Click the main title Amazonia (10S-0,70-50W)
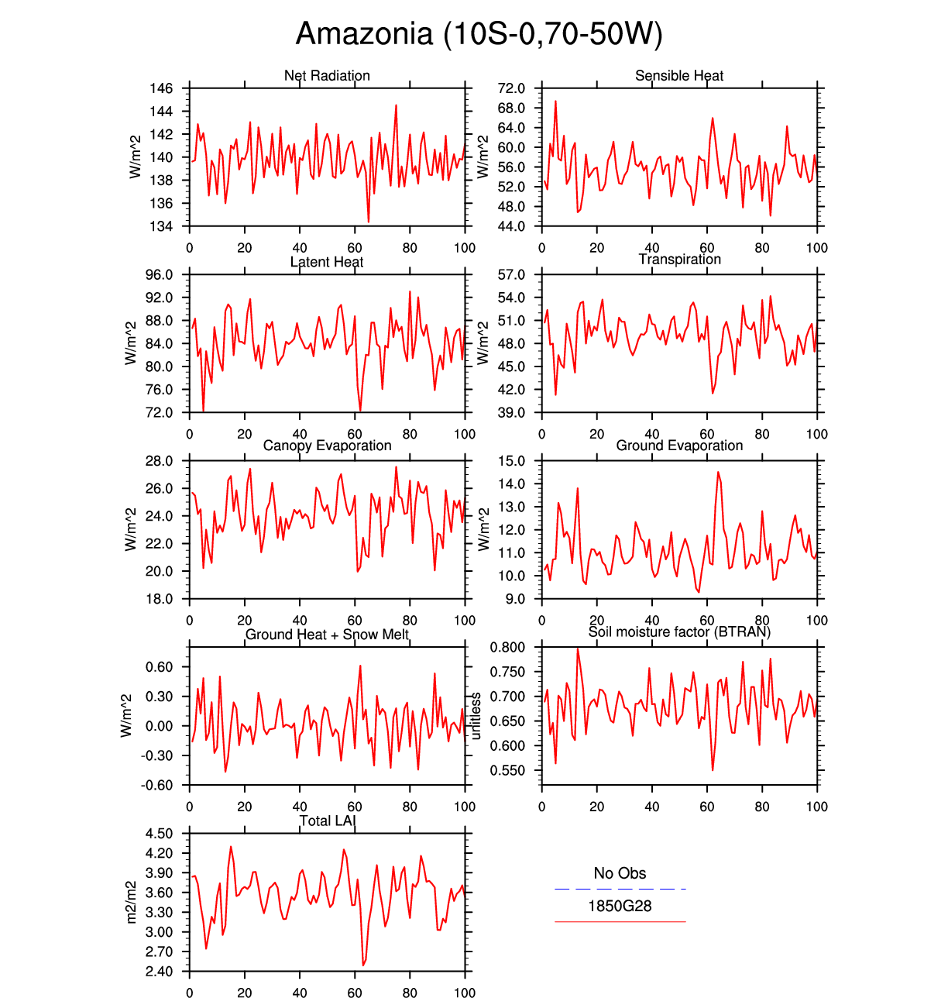479,34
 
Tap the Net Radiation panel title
327,76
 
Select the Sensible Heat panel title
679,76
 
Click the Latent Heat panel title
327,262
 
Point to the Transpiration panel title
679,260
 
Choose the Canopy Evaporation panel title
327,446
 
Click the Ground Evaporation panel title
679,446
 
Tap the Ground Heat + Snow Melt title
327,635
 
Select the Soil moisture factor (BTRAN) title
679,632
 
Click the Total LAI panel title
327,821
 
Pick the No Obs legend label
620,873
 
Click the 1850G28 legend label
620,906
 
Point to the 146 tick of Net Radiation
161,88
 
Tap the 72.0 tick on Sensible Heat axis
512,88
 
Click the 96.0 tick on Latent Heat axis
159,275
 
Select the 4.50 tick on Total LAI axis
159,834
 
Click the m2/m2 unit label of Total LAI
131,902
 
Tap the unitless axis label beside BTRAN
476,716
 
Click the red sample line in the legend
620,922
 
